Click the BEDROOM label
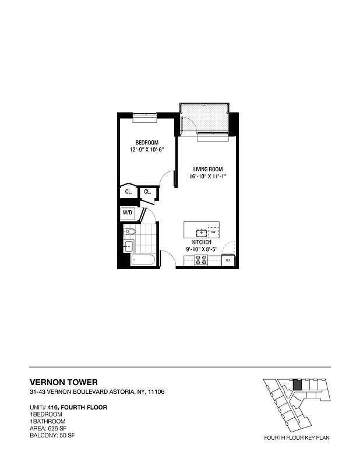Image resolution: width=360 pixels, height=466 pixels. [147, 143]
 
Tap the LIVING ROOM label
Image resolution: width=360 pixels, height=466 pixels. [207, 170]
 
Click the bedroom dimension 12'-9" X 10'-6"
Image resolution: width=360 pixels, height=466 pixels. [147, 150]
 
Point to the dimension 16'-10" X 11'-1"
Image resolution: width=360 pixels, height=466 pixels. [207, 176]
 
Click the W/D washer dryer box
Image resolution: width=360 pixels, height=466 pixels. [128, 214]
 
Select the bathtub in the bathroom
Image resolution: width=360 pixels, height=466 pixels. [143, 260]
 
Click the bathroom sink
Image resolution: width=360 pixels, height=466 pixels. [128, 246]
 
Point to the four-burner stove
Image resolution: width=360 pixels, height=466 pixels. [201, 261]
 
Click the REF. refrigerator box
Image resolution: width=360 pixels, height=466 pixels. [228, 261]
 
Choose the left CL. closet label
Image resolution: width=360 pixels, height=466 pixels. [128, 192]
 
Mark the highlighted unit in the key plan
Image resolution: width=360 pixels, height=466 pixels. [297, 384]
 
